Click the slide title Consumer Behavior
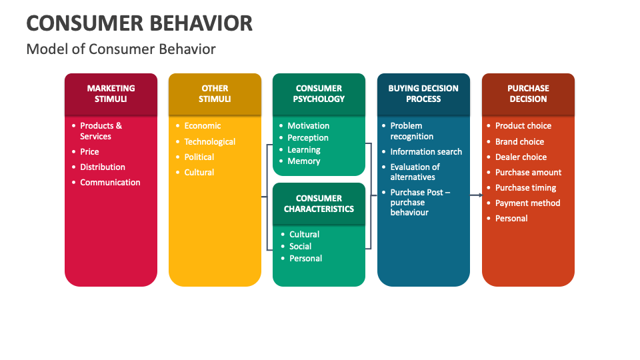point(139,23)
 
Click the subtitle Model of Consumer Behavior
point(121,49)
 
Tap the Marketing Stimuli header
point(111,93)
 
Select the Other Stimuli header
point(215,93)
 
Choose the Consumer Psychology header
point(319,93)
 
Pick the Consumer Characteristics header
point(319,203)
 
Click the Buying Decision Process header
point(423,93)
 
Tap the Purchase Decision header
point(528,93)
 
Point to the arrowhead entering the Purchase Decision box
point(479,195)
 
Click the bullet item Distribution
point(103,167)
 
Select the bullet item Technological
point(209,141)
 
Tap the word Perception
point(308,137)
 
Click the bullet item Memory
point(304,161)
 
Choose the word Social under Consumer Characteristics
point(301,246)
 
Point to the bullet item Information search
point(426,151)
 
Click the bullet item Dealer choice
point(521,157)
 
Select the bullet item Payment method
point(527,203)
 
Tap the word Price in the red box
point(89,151)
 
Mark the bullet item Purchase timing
point(525,187)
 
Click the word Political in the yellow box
point(199,157)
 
